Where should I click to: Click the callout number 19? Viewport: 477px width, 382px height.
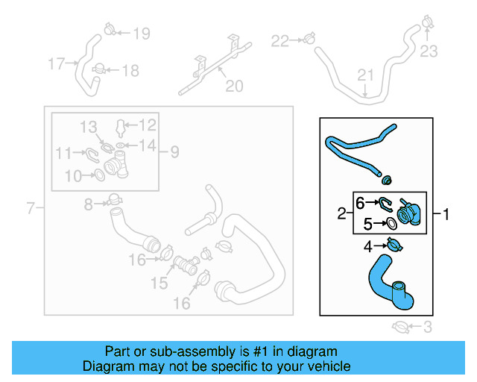(x=141, y=33)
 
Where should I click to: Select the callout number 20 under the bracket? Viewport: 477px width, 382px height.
(x=234, y=87)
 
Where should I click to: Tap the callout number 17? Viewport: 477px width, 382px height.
(x=57, y=63)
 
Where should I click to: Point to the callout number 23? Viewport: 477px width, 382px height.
(x=429, y=51)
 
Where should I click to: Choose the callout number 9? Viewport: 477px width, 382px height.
(x=174, y=152)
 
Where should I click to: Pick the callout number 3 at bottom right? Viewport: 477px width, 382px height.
(x=427, y=327)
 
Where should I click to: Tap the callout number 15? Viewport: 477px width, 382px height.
(x=159, y=284)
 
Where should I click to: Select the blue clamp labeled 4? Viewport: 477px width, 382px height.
(x=393, y=245)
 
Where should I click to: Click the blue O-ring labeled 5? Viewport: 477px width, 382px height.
(x=391, y=223)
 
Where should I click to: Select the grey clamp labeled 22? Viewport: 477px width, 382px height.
(x=307, y=39)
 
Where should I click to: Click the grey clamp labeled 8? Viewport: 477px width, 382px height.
(x=113, y=199)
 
